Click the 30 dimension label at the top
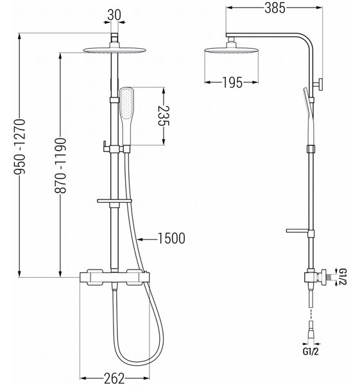pos(114,15)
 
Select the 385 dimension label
pos(275,8)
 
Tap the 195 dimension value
pos(232,82)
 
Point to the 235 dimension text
pos(164,116)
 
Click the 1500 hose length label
pos(171,239)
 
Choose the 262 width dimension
pos(114,378)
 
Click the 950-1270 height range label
pos(19,146)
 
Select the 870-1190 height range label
pos(60,166)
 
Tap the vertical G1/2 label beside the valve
pos(343,277)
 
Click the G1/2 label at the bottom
pos(311,352)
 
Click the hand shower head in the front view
pos(126,116)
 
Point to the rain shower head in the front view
pos(115,50)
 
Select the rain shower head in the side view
pos(231,50)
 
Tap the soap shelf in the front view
pos(114,201)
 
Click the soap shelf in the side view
pos(297,231)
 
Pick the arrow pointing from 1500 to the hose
pos(147,239)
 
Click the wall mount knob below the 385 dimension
pos(318,85)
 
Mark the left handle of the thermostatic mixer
pos(94,277)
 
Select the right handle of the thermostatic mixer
pos(135,277)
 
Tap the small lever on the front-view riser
pos(106,146)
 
